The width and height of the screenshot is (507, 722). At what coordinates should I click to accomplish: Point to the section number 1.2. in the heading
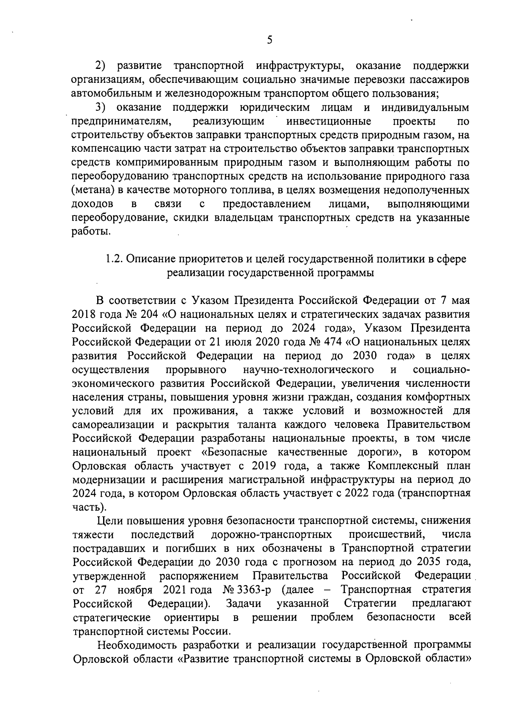(113, 259)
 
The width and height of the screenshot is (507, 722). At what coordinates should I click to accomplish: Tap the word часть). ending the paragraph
(87, 507)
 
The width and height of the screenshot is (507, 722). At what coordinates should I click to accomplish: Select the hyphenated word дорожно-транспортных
(271, 535)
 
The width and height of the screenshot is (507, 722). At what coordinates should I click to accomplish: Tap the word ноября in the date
(135, 590)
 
